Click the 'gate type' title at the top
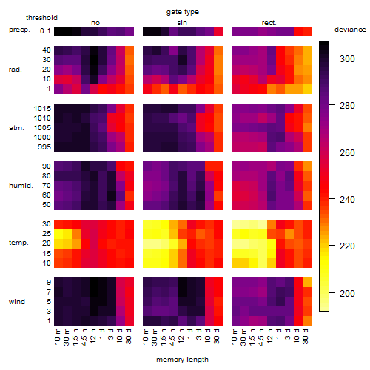[x=183, y=12]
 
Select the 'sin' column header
[x=182, y=23]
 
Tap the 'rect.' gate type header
[x=269, y=23]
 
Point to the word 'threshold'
[x=41, y=18]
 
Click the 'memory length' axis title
[x=183, y=360]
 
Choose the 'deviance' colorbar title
[x=350, y=30]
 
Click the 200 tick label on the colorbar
[x=347, y=294]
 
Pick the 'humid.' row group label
[x=21, y=186]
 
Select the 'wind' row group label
[x=17, y=302]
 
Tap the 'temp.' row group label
[x=18, y=243]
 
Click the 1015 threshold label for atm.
[x=42, y=109]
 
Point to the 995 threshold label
[x=44, y=147]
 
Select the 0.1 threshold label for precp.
[x=45, y=31]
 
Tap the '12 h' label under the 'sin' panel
[x=181, y=336]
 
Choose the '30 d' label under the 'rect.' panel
[x=306, y=336]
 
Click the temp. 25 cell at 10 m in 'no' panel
[x=58, y=234]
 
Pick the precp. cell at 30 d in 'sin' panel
[x=218, y=31]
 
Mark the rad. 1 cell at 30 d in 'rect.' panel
[x=307, y=89]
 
